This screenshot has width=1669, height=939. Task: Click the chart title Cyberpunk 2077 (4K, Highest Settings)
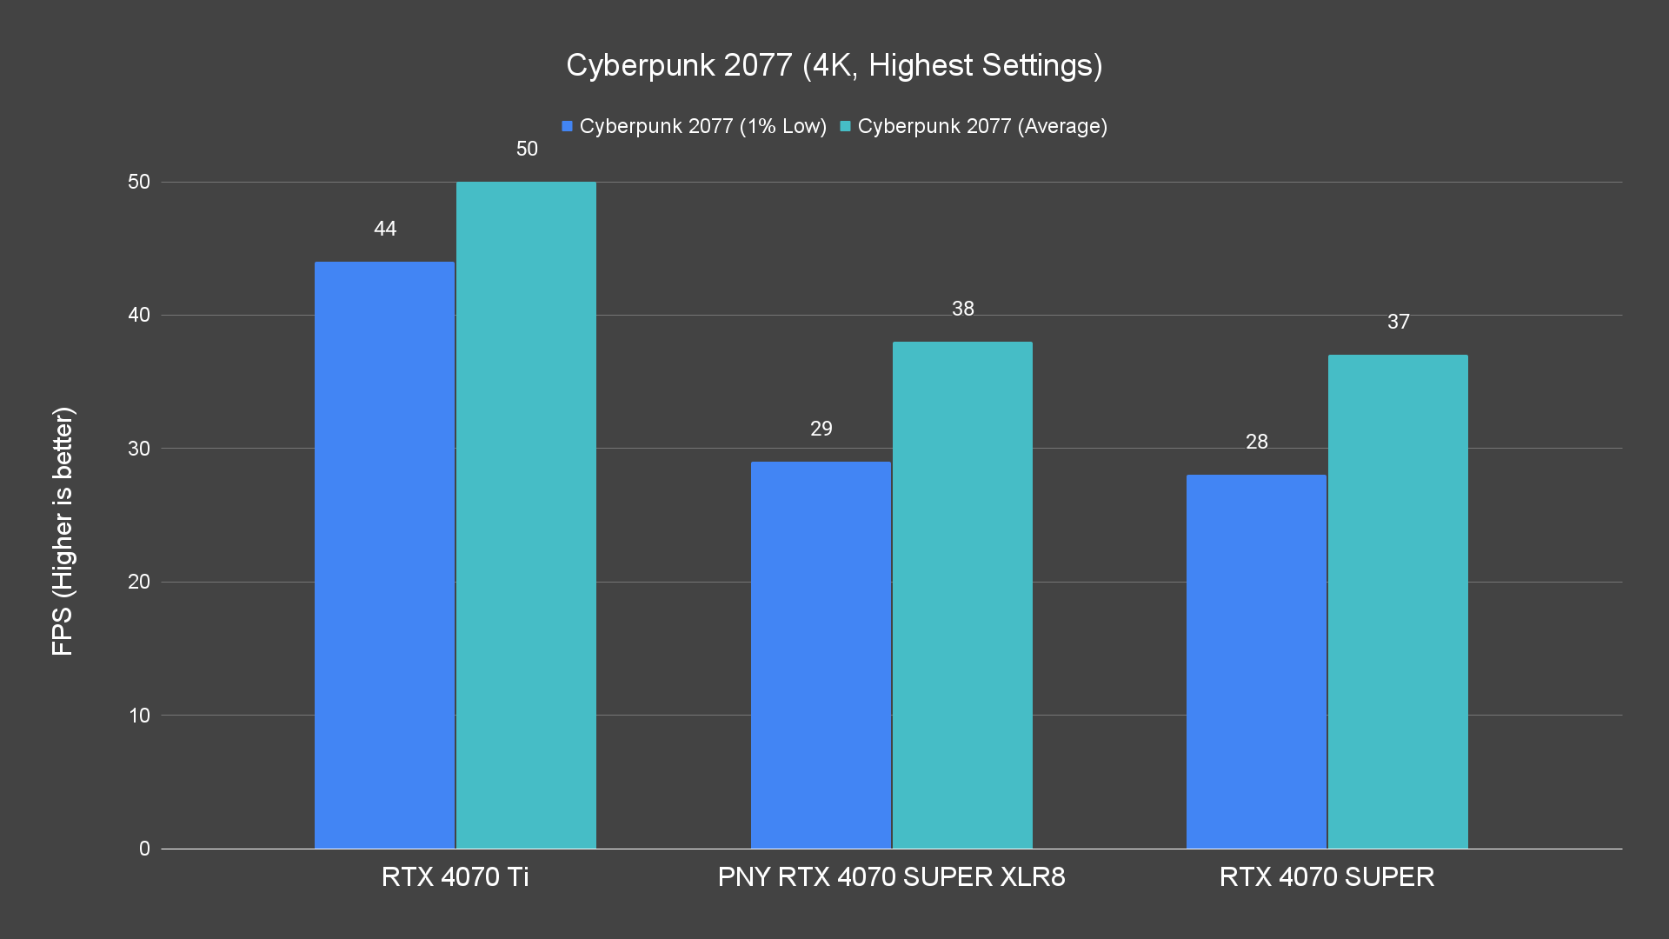[834, 65]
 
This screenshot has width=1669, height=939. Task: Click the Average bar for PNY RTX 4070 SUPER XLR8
[962, 595]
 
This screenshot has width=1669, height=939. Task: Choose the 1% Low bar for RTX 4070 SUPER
[1256, 661]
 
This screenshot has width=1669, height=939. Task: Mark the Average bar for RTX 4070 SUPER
[1398, 601]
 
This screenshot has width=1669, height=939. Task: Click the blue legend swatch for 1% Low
[568, 126]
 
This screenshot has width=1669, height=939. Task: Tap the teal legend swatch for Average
[845, 126]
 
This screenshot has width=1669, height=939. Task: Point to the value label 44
[385, 229]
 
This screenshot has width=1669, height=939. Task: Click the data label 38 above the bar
[963, 309]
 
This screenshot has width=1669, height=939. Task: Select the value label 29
[821, 429]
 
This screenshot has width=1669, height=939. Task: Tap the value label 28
[1257, 442]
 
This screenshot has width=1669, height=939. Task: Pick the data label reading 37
[1399, 322]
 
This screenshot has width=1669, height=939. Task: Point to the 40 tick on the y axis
[139, 315]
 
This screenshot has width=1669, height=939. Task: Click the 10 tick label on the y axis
[139, 716]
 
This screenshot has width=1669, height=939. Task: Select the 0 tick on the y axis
[144, 849]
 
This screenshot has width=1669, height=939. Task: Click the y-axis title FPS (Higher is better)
[63, 530]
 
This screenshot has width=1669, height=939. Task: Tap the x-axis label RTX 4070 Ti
[455, 876]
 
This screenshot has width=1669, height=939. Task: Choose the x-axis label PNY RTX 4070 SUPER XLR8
[891, 876]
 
